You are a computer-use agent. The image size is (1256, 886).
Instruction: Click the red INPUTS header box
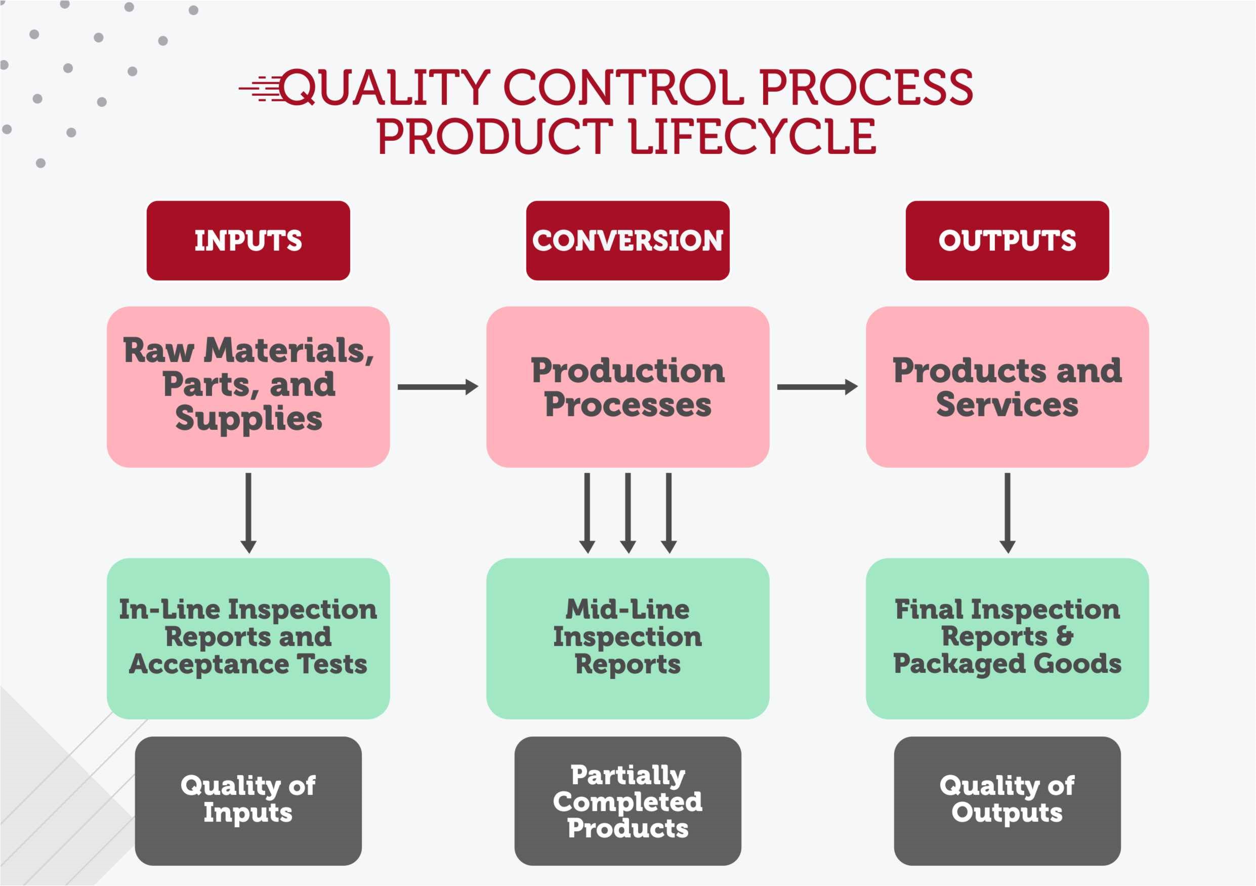(x=248, y=241)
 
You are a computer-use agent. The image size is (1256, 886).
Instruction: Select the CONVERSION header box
(x=627, y=241)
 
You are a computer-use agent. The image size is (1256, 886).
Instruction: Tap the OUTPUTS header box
(x=1007, y=241)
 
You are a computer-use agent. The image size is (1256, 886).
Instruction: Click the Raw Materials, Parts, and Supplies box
(x=248, y=387)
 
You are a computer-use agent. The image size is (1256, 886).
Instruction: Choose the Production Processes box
(x=627, y=387)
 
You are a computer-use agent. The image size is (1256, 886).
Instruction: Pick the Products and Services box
(x=1007, y=387)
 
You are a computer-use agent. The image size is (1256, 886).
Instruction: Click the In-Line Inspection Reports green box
(x=248, y=638)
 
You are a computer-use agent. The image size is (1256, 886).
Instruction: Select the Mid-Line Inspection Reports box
(x=627, y=638)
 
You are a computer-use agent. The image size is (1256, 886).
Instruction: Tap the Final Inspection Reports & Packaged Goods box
(x=1007, y=638)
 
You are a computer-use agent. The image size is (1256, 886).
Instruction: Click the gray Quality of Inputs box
(x=248, y=800)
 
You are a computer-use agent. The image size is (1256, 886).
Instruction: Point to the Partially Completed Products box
(x=627, y=800)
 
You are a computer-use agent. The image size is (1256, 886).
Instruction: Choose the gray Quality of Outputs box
(x=1007, y=800)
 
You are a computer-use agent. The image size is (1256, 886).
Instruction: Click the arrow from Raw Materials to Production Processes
(x=438, y=387)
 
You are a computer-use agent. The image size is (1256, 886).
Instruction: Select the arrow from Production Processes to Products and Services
(x=817, y=387)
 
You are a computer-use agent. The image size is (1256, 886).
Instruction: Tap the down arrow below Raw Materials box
(x=248, y=513)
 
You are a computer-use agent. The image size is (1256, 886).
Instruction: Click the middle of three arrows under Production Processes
(x=627, y=513)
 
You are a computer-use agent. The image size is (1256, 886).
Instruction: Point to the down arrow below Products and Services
(x=1007, y=513)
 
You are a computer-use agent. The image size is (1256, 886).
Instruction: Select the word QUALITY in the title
(x=386, y=87)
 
